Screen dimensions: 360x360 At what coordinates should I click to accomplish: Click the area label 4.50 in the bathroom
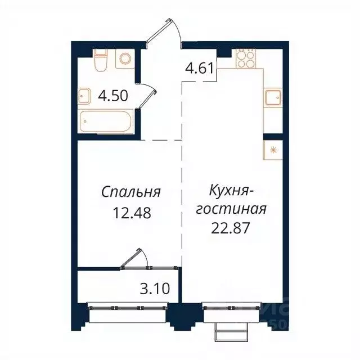click(113, 95)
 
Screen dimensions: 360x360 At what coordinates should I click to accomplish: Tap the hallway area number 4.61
click(199, 70)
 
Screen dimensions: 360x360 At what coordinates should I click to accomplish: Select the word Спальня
click(132, 192)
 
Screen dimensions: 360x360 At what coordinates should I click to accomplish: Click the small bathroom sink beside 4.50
click(84, 97)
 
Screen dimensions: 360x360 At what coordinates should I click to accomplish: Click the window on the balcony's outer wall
click(129, 308)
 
